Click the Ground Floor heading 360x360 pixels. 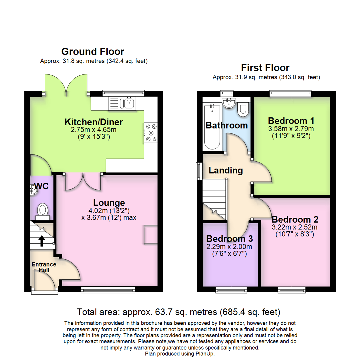[x=93, y=52]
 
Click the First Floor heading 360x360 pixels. [x=265, y=68]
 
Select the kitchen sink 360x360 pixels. [x=129, y=103]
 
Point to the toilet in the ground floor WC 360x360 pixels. [x=42, y=210]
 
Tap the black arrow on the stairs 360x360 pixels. [x=42, y=240]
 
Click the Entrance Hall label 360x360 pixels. [x=44, y=267]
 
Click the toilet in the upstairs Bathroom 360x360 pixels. [x=243, y=110]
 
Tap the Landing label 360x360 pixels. [x=226, y=170]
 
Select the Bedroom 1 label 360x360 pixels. [x=291, y=121]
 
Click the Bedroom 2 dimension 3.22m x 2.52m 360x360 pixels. [x=295, y=227]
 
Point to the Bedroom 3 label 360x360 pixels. [x=229, y=239]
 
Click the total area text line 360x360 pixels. [x=179, y=312]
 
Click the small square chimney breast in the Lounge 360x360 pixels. [x=151, y=234]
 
